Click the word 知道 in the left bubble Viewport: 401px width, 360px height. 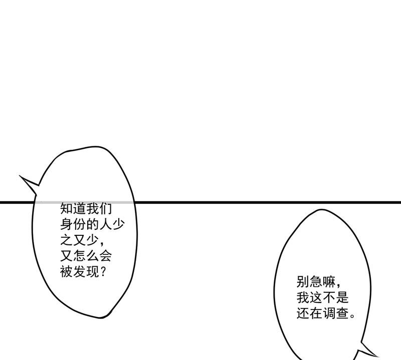(x=73, y=208)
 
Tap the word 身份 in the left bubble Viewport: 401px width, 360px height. (x=73, y=224)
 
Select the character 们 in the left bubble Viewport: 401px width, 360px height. (x=105, y=208)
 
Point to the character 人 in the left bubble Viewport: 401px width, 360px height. (x=105, y=224)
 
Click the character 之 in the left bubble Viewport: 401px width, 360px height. (x=67, y=240)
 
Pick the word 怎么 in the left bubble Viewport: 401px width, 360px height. (x=86, y=256)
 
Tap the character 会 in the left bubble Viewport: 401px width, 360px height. (x=105, y=256)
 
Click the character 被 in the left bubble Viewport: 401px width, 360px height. (x=67, y=271)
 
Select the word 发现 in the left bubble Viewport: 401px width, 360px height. (x=86, y=271)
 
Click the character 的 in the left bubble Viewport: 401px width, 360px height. (x=92, y=224)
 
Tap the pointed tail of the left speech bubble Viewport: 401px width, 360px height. (x=20, y=176)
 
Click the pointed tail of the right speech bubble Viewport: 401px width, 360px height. (x=377, y=356)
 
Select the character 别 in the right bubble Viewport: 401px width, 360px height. (x=303, y=282)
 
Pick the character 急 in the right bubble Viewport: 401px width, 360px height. (x=316, y=282)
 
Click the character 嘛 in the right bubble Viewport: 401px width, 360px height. (x=329, y=282)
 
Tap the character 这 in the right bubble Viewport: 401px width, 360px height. (x=316, y=297)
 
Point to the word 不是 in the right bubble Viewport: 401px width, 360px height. (x=335, y=297)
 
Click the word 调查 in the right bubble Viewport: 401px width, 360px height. (x=335, y=313)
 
